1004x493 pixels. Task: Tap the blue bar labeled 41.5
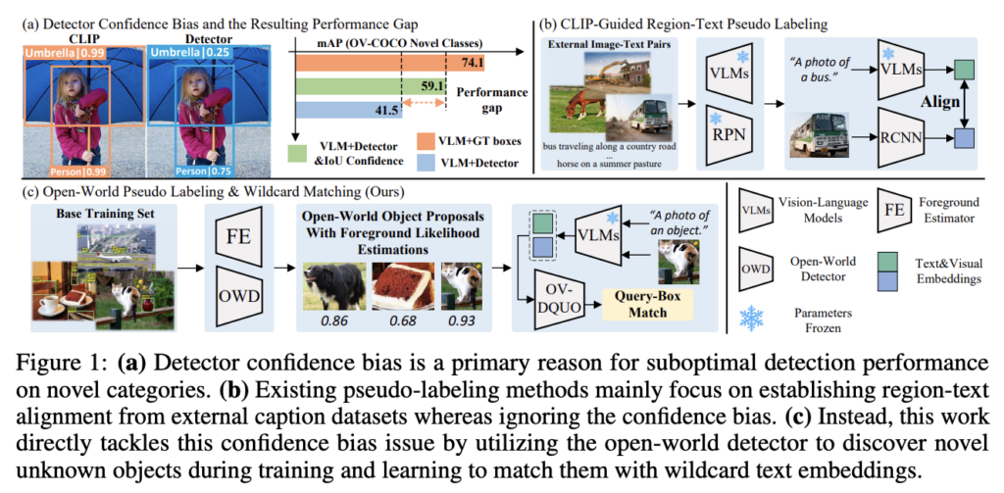click(348, 109)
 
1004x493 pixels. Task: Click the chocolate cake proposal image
click(401, 287)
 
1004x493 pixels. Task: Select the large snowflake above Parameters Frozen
click(756, 319)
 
